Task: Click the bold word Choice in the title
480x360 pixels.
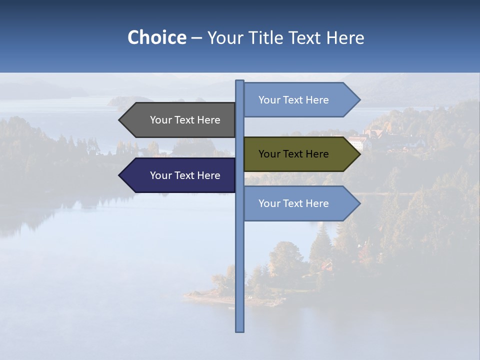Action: click(156, 37)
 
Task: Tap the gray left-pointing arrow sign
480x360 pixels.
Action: click(180, 120)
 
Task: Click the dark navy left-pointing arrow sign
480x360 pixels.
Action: click(180, 175)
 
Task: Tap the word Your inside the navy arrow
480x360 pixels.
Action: click(160, 175)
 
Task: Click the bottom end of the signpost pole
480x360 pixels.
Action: click(239, 330)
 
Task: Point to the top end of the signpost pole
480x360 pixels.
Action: click(239, 81)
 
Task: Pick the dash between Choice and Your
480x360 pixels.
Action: click(196, 38)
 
